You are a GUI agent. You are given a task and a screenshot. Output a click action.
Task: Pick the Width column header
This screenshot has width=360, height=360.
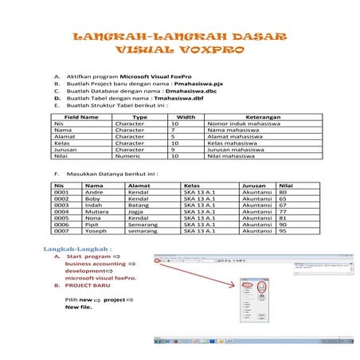[185, 117]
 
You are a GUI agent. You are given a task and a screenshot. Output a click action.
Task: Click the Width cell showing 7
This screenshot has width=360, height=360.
[174, 131]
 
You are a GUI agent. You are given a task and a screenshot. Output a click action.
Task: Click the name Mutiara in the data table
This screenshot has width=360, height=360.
[97, 211]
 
